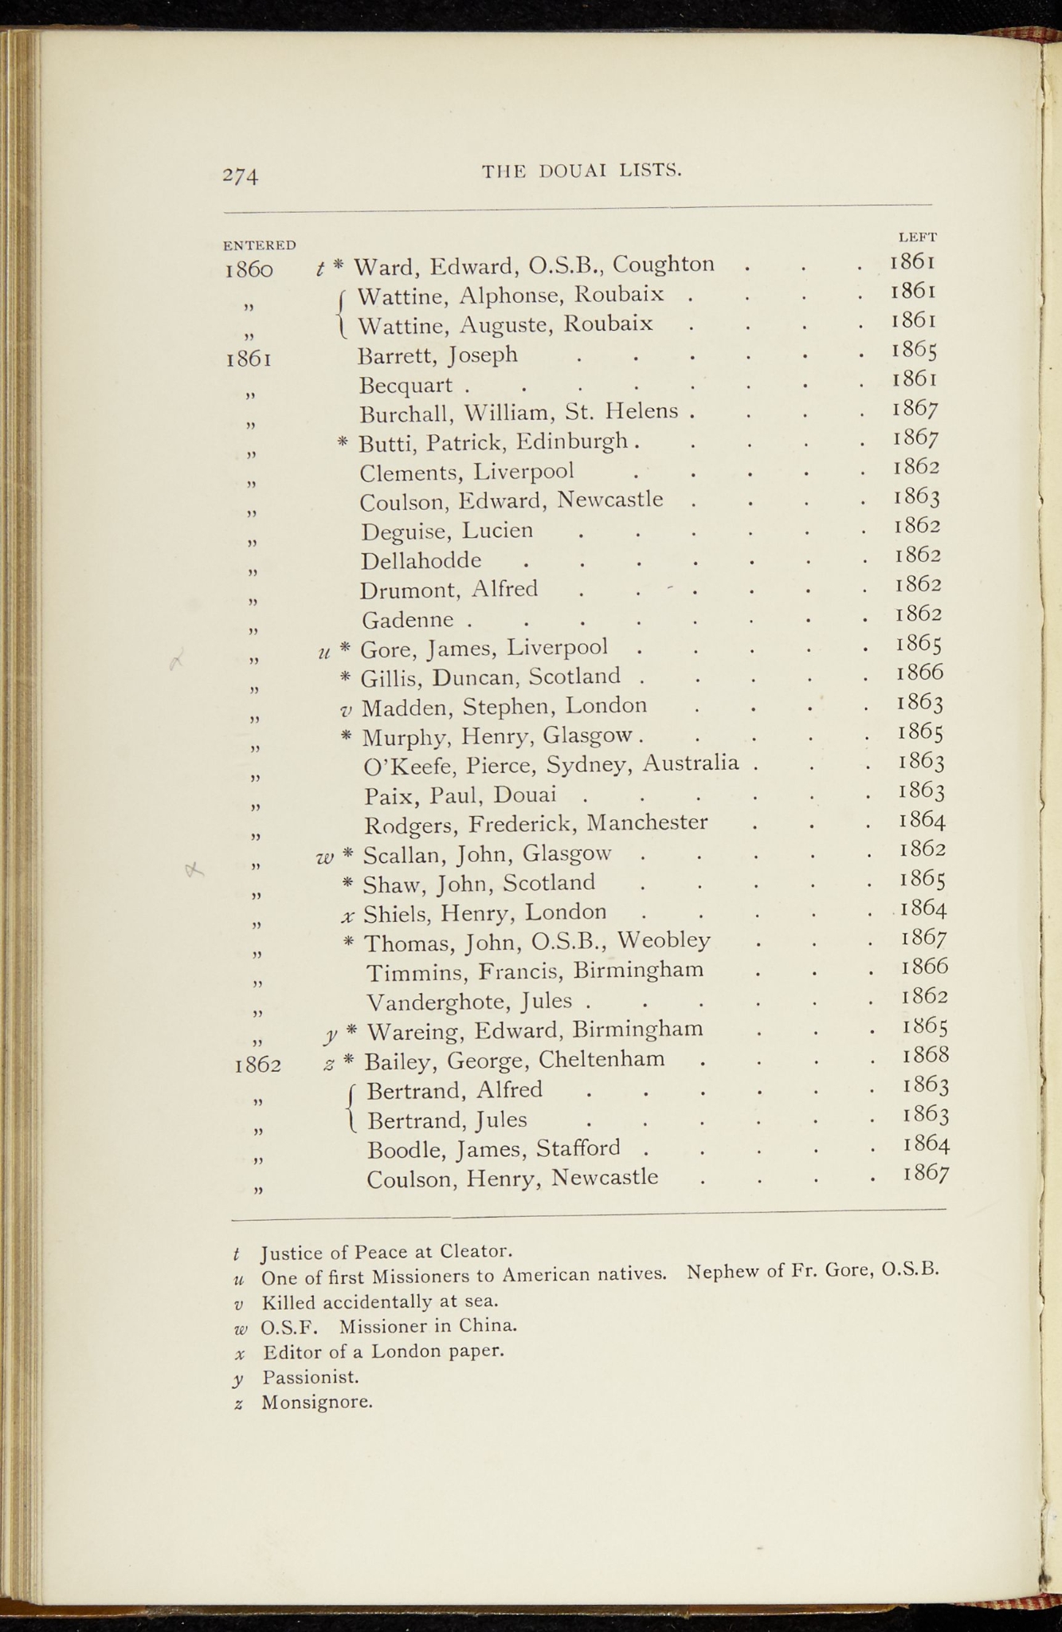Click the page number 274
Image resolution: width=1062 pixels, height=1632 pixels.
tap(241, 175)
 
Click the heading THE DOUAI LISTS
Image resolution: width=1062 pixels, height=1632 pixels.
tap(582, 171)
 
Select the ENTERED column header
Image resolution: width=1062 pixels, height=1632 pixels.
tap(259, 245)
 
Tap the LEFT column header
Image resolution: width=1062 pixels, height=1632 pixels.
tap(917, 237)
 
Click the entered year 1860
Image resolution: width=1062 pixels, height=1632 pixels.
tap(249, 270)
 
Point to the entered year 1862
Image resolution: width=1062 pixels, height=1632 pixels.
tap(257, 1065)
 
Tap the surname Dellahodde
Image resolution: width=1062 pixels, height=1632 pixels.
tap(421, 561)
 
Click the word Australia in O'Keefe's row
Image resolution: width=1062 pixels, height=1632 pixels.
tap(691, 763)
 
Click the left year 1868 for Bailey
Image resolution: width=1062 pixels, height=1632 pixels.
tap(926, 1056)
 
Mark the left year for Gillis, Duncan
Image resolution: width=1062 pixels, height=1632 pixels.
tap(919, 673)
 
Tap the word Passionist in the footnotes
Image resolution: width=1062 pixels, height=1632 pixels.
tap(311, 1376)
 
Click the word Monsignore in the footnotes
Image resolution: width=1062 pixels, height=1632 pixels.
tap(317, 1402)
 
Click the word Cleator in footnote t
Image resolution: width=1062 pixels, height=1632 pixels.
tap(476, 1250)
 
